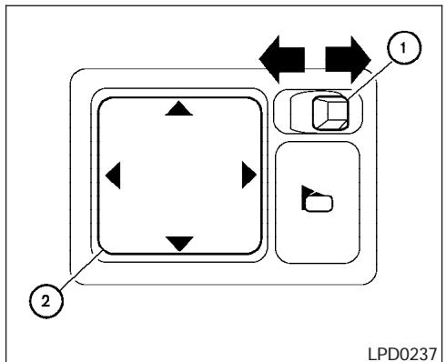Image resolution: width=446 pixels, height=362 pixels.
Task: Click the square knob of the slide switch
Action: coord(325,112)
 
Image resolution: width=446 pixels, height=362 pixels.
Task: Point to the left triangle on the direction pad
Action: coord(113,174)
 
